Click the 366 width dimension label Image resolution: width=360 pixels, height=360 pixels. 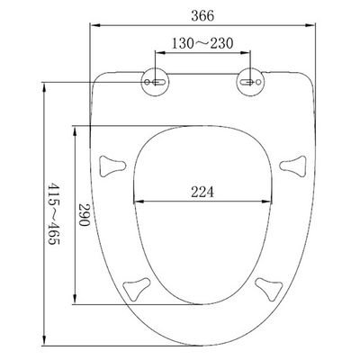tap(202, 15)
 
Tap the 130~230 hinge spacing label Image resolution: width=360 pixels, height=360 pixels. tap(202, 43)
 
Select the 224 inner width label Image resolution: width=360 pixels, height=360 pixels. tap(202, 192)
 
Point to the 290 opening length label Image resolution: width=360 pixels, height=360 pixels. tap(85, 215)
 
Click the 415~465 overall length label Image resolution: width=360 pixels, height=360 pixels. tap(54, 213)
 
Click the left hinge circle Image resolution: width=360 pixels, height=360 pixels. tap(155, 82)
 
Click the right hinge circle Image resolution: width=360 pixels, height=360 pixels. tap(251, 82)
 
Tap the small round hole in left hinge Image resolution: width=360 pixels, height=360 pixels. tap(147, 82)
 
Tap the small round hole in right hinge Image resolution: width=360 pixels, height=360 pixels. tap(258, 82)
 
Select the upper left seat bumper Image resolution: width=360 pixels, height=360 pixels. tap(112, 166)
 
